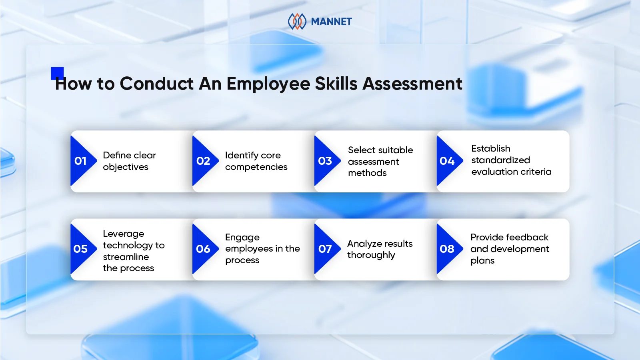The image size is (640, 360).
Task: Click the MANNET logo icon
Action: pyautogui.click(x=297, y=22)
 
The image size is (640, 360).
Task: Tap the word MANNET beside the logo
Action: pyautogui.click(x=331, y=22)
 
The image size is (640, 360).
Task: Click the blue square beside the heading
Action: pyautogui.click(x=57, y=73)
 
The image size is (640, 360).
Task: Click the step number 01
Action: pyautogui.click(x=80, y=161)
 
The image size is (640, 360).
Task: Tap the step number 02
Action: pyautogui.click(x=203, y=161)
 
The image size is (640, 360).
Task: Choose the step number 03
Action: pyautogui.click(x=325, y=161)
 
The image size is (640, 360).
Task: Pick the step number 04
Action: pyautogui.click(x=447, y=161)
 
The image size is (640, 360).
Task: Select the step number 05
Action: pyautogui.click(x=80, y=249)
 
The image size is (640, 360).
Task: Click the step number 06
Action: pyautogui.click(x=203, y=249)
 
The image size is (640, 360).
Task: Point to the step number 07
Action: pyautogui.click(x=325, y=249)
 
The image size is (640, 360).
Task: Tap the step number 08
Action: pyautogui.click(x=447, y=249)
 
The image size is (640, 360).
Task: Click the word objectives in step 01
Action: pyautogui.click(x=126, y=167)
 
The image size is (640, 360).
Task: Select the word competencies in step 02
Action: pyautogui.click(x=256, y=167)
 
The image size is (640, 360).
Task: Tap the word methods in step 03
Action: pyautogui.click(x=367, y=173)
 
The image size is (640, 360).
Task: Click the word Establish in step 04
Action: pyautogui.click(x=491, y=148)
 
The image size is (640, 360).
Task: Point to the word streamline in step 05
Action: pyautogui.click(x=126, y=257)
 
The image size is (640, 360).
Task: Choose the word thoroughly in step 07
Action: pyautogui.click(x=371, y=255)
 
